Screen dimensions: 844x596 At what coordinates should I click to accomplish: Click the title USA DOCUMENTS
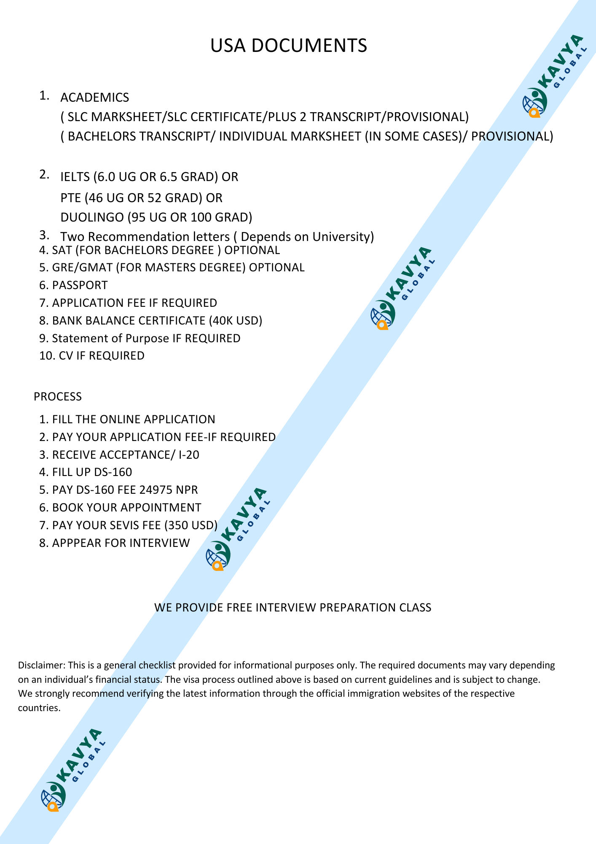tap(289, 46)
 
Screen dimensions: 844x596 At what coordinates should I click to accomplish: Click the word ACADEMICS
tap(94, 97)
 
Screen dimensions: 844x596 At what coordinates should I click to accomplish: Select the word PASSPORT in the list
tap(80, 285)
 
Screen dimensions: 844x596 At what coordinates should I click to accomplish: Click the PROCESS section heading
tap(58, 397)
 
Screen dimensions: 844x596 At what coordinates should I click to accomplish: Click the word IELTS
tap(75, 177)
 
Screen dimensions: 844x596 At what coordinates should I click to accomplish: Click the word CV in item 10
tap(66, 356)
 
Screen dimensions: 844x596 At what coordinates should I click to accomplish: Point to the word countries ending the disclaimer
tap(38, 708)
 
